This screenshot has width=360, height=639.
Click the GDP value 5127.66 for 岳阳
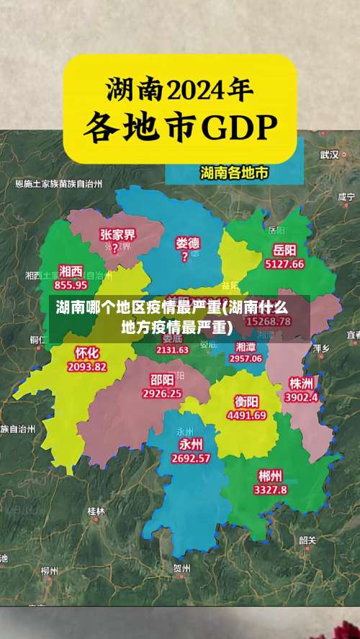(284, 264)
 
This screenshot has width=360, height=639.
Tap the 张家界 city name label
(118, 235)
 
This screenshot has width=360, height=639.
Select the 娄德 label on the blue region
(188, 243)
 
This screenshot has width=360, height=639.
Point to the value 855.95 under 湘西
(71, 284)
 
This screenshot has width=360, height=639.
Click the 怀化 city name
(86, 353)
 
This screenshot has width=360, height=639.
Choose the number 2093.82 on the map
(86, 366)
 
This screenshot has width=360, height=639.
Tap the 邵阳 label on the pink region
(162, 380)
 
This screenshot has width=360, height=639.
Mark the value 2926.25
(162, 394)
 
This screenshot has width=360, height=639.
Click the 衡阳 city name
(246, 402)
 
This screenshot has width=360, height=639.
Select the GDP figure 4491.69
(246, 415)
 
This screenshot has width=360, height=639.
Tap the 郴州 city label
(270, 476)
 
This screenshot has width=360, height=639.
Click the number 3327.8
(270, 489)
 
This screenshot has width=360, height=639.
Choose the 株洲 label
(300, 382)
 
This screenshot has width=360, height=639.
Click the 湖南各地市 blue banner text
(234, 173)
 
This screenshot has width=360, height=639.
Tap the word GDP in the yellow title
(238, 128)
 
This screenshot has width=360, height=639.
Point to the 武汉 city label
(329, 154)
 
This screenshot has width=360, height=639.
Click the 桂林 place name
(96, 511)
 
